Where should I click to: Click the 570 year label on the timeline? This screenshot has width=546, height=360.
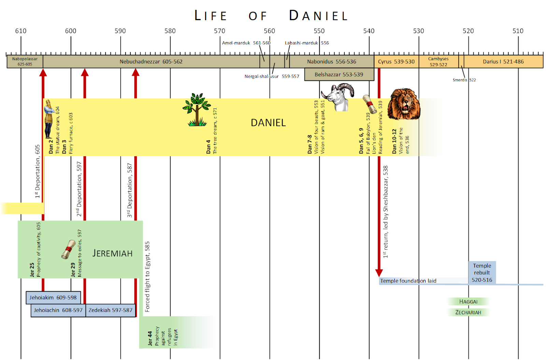(219, 31)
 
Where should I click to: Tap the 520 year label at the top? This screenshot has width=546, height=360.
(468, 31)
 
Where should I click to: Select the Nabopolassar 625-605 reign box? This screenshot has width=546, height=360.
(25, 61)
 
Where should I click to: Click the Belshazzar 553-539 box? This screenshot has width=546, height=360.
(339, 74)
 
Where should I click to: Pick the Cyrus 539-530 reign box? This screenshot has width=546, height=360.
(396, 62)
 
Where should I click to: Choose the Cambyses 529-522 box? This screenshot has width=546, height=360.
(439, 62)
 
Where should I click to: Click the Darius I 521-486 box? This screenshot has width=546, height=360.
(503, 62)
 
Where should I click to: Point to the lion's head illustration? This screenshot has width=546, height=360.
(404, 104)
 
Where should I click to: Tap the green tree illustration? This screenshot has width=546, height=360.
(197, 110)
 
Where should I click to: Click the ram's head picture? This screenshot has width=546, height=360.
(338, 97)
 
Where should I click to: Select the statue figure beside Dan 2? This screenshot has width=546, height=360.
(49, 119)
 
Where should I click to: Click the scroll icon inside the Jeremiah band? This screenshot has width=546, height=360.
(68, 249)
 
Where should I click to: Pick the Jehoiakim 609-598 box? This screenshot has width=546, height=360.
(53, 298)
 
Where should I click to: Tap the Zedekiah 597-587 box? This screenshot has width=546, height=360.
(110, 310)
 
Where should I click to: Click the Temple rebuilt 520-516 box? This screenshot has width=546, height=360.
(482, 273)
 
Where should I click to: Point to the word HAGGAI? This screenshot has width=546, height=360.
(468, 302)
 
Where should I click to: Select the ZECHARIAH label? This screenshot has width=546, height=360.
(468, 312)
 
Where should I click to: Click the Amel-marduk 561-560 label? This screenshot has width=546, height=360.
(246, 43)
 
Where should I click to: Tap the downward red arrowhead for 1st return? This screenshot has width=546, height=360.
(379, 273)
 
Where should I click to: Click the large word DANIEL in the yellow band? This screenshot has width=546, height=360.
(268, 123)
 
